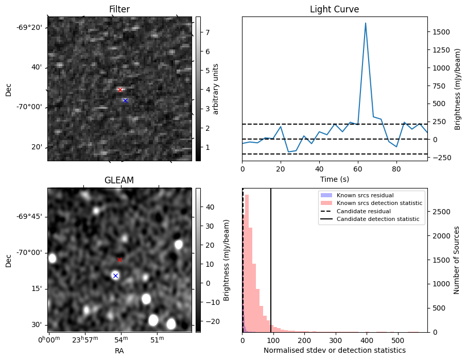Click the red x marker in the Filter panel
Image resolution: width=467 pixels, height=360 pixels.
click(x=120, y=90)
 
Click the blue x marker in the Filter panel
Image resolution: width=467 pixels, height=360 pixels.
click(x=125, y=100)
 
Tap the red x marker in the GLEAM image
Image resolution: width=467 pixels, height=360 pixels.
click(x=119, y=260)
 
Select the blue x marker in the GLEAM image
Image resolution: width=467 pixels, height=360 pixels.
click(x=115, y=276)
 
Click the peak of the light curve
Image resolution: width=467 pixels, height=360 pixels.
click(x=366, y=23)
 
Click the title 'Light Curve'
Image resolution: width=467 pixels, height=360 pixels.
click(x=334, y=9)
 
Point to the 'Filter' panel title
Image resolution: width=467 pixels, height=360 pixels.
click(x=119, y=9)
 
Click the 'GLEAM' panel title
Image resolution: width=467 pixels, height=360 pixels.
click(x=119, y=180)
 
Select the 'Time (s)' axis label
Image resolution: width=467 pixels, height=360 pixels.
click(x=334, y=178)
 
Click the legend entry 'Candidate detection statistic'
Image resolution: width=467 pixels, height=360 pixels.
click(x=378, y=219)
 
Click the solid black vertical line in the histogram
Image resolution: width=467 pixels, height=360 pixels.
click(x=271, y=258)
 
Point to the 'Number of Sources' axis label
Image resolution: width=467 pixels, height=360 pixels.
click(x=456, y=260)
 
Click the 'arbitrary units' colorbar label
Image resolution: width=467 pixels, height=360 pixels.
click(x=216, y=89)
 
